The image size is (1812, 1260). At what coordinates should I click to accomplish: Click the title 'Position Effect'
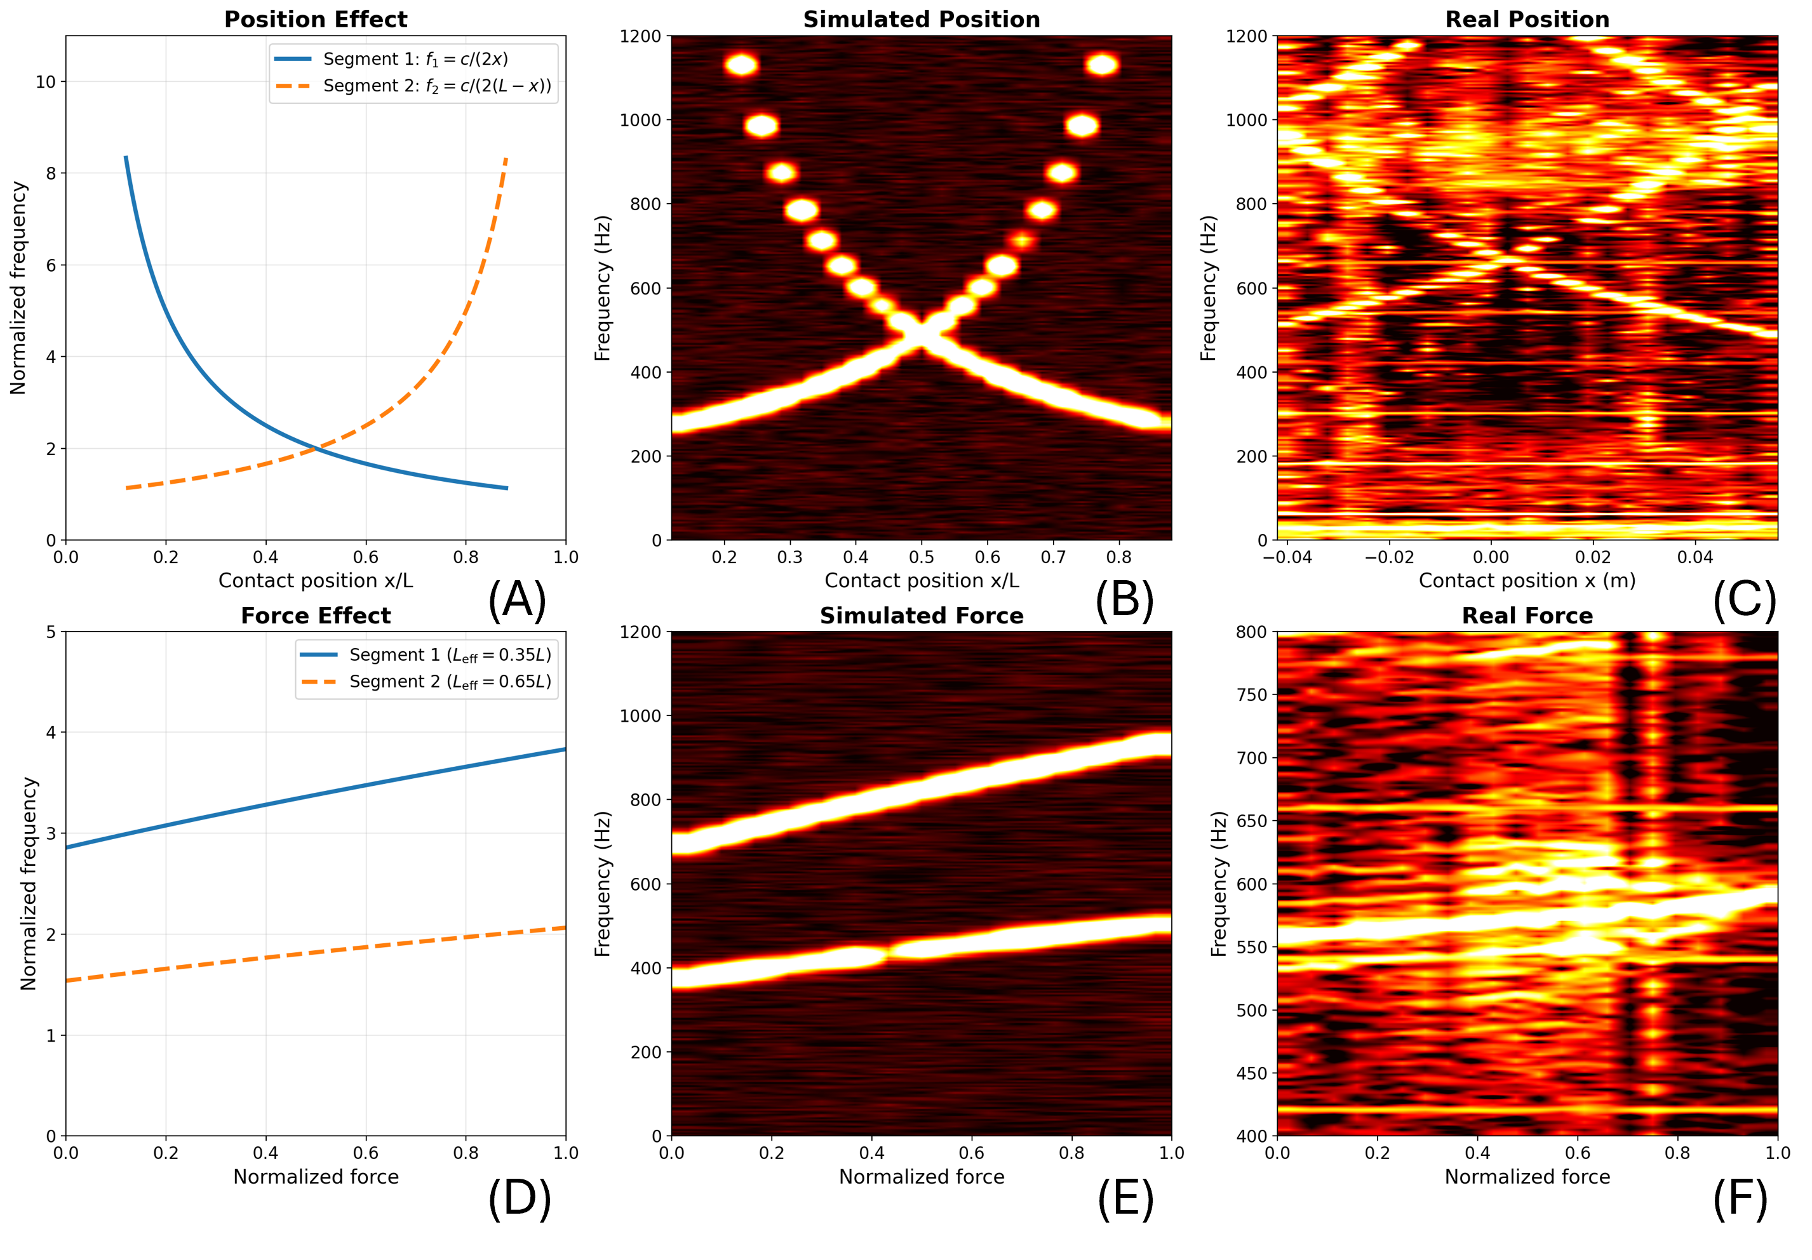click(x=316, y=20)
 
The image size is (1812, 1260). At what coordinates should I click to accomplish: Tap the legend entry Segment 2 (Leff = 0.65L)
click(x=450, y=682)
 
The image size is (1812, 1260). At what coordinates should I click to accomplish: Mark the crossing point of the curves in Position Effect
click(x=316, y=448)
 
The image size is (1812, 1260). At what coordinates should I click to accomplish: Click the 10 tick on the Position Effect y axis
click(x=46, y=82)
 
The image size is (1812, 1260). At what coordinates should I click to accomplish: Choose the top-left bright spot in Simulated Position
click(x=741, y=65)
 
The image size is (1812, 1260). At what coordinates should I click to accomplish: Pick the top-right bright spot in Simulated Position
click(x=1102, y=65)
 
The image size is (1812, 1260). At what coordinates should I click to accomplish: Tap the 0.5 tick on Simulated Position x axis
click(x=921, y=557)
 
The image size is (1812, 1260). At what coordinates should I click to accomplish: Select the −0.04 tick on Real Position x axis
click(x=1287, y=557)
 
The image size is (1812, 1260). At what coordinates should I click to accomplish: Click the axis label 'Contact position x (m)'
click(x=1527, y=581)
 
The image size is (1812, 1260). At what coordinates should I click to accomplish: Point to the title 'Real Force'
click(x=1527, y=616)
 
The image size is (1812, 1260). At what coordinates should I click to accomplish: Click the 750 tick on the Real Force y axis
click(x=1251, y=695)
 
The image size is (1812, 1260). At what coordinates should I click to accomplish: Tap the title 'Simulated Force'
click(x=921, y=616)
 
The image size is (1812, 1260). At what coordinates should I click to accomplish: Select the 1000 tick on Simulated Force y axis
click(x=640, y=715)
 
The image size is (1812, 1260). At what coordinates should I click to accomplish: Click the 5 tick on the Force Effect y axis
click(x=51, y=632)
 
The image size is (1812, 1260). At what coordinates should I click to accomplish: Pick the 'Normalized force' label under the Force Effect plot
click(x=316, y=1176)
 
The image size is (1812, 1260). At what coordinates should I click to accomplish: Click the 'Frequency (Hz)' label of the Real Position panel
click(x=1207, y=288)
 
